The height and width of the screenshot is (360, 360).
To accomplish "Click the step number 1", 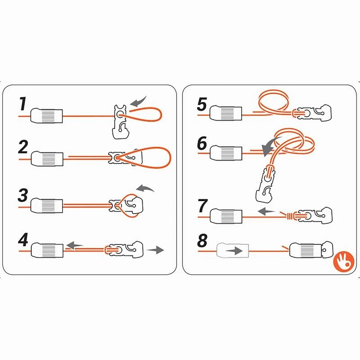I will tap(22, 104).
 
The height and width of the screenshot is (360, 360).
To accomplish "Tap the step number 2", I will tap(23, 148).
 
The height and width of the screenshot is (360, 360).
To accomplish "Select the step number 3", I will tap(23, 197).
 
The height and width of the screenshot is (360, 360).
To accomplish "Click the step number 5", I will tap(202, 105).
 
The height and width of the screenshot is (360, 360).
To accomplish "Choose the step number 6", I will tap(202, 144).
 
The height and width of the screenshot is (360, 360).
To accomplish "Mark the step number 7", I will tap(202, 206).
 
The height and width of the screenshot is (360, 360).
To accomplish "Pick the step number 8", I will tap(202, 240).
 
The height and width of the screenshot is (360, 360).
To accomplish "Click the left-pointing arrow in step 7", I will tap(267, 210).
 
